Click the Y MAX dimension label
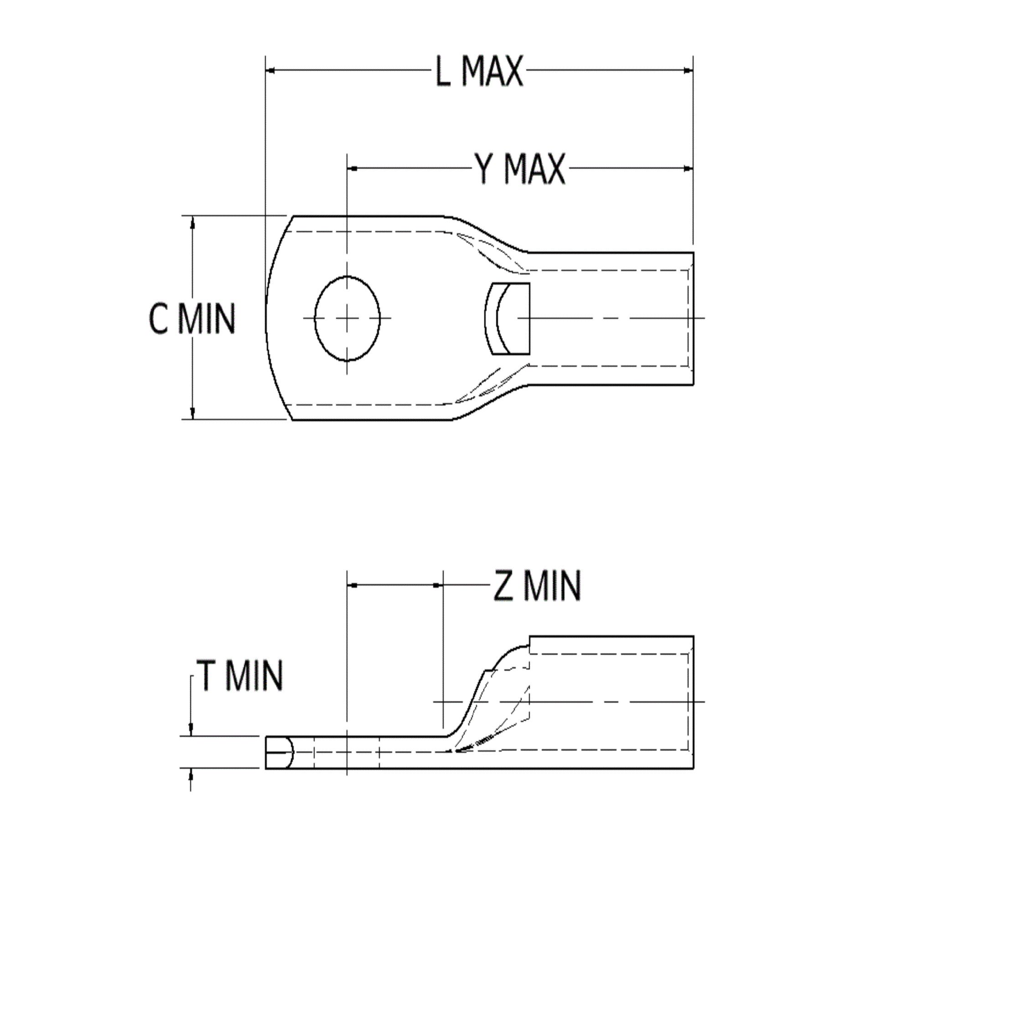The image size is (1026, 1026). (520, 170)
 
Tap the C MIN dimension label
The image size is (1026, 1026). (191, 319)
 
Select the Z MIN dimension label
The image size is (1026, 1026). (537, 586)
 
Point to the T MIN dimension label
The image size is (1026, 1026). (239, 676)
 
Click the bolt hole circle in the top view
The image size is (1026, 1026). (347, 319)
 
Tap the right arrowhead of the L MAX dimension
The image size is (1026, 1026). (688, 70)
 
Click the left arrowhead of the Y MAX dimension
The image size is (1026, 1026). (352, 168)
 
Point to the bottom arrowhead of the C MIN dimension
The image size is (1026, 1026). (192, 413)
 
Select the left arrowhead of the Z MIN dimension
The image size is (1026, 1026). (352, 585)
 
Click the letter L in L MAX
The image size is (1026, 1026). (443, 71)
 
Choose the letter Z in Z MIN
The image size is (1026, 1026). (503, 586)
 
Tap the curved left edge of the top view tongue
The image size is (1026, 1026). (267, 319)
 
